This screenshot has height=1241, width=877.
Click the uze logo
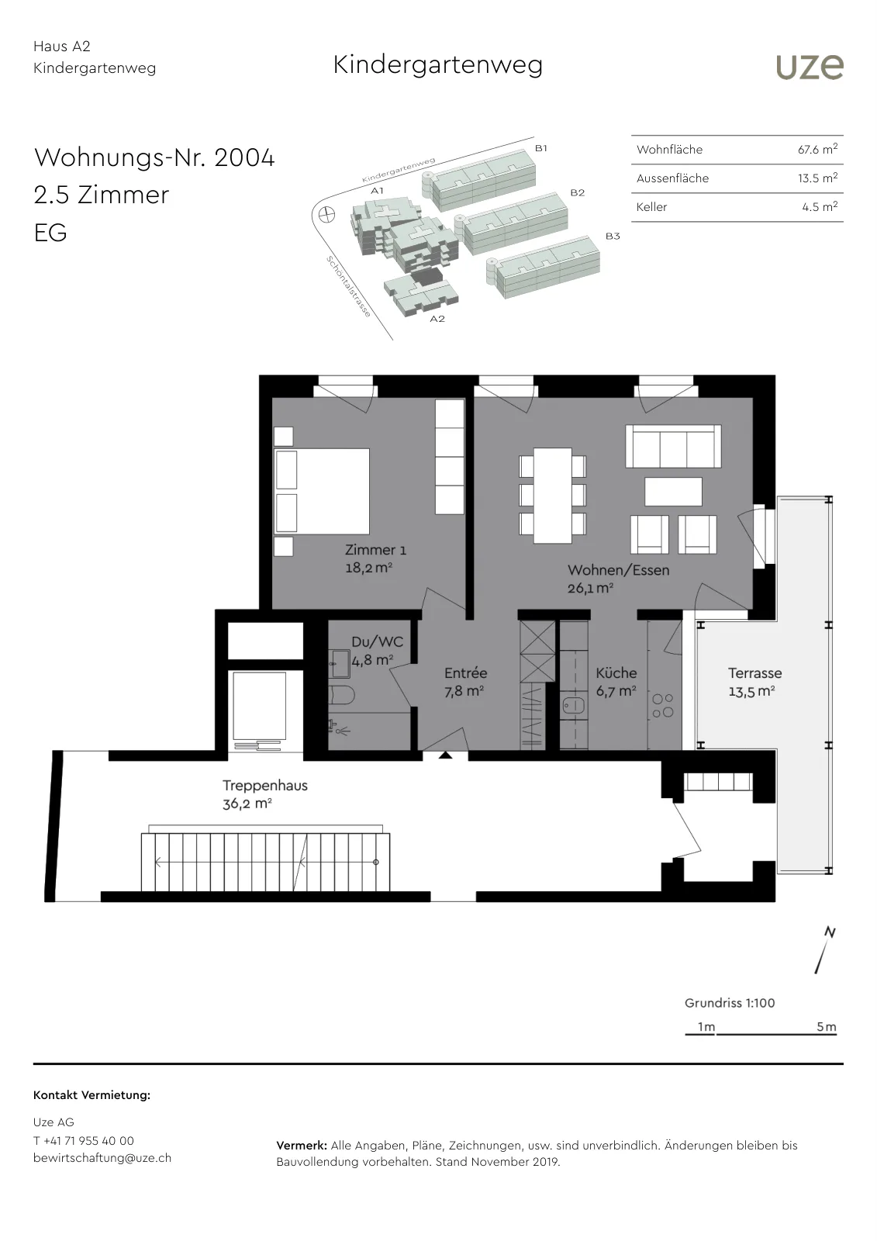810,67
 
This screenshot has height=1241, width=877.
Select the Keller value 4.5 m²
820,206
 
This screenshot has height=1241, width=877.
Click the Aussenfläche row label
672,178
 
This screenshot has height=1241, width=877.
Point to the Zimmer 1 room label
375,550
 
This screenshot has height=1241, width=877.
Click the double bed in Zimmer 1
322,492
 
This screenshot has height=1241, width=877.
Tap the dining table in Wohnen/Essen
552,496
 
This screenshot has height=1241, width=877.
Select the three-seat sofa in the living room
673,447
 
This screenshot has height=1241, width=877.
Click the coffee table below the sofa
673,491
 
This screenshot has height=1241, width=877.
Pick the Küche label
616,672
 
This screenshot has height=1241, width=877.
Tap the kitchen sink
573,706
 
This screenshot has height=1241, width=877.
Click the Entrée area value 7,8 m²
464,691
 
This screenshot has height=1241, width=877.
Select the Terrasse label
754,672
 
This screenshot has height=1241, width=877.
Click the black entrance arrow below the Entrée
445,755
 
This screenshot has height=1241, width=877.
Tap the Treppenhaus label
265,785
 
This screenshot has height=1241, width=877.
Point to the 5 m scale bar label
826,1027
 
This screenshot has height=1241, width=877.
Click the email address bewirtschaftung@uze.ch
102,1157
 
